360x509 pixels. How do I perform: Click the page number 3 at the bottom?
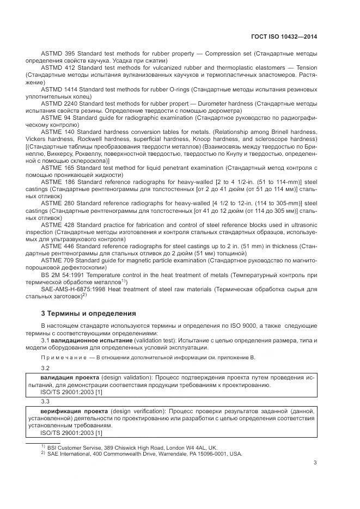(315, 463)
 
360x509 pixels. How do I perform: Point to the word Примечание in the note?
(60, 357)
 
